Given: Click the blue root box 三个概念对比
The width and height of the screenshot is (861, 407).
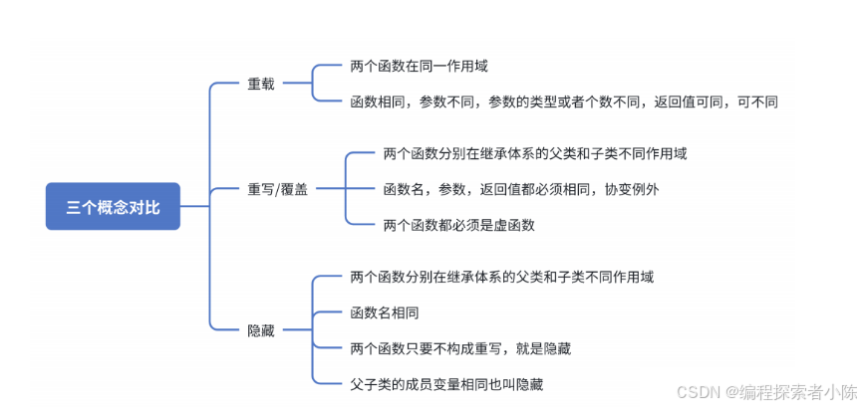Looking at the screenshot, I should click(x=113, y=206).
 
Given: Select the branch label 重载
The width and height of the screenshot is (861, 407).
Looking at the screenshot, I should click(x=261, y=84).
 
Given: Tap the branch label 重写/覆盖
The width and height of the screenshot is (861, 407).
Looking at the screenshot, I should click(x=278, y=189).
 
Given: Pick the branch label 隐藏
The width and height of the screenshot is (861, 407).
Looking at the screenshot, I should click(x=261, y=330).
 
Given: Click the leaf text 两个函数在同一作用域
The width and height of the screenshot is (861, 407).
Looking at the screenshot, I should click(x=420, y=66).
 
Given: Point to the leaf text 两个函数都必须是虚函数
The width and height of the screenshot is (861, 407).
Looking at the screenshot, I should click(x=459, y=225).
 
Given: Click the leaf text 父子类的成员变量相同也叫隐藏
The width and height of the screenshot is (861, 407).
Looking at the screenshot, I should click(x=446, y=383).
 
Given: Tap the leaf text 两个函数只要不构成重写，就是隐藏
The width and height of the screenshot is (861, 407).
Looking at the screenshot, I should click(x=460, y=348).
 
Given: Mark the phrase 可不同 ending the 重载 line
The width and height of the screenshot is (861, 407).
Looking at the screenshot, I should click(x=757, y=102).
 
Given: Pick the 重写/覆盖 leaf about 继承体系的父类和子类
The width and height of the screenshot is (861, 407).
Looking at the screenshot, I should click(x=534, y=153).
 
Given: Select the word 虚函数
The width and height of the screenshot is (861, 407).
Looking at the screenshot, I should click(x=513, y=225).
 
